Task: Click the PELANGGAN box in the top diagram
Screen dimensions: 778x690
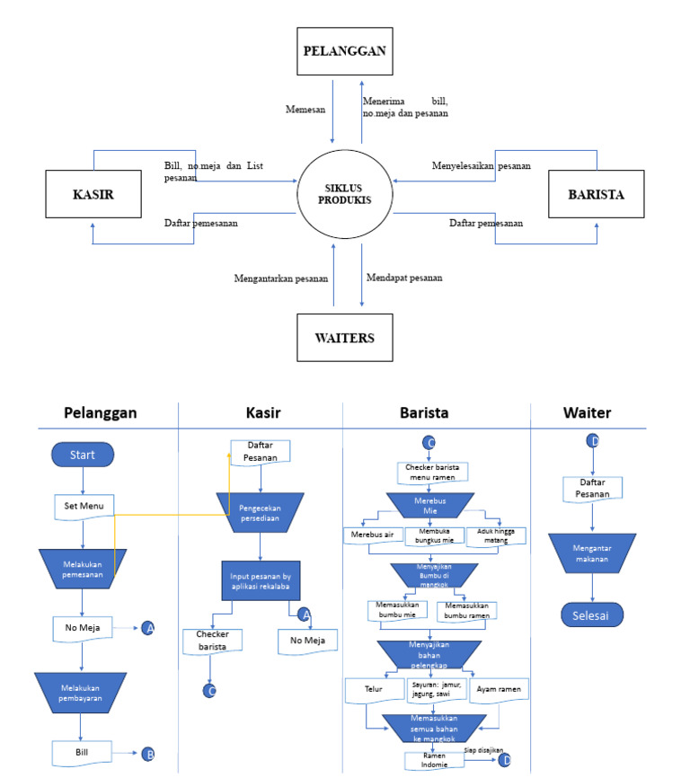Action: pos(345,50)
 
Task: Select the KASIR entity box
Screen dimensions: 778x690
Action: pos(93,193)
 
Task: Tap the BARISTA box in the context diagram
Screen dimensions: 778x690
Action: pos(597,193)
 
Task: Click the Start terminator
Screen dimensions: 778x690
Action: pos(83,455)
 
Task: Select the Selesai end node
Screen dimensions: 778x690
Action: pos(592,614)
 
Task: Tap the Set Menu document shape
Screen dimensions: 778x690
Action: pos(84,507)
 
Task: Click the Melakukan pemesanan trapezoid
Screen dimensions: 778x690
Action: pos(83,568)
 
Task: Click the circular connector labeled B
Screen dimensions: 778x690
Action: pos(149,754)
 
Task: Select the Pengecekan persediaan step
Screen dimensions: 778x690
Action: pos(259,514)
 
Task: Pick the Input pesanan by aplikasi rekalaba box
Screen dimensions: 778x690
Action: pos(259,579)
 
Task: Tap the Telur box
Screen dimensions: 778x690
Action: pos(373,691)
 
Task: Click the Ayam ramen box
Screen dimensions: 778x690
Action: pos(499,689)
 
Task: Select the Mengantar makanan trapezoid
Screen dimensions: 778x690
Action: pos(592,553)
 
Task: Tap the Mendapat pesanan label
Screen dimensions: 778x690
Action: pos(404,278)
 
